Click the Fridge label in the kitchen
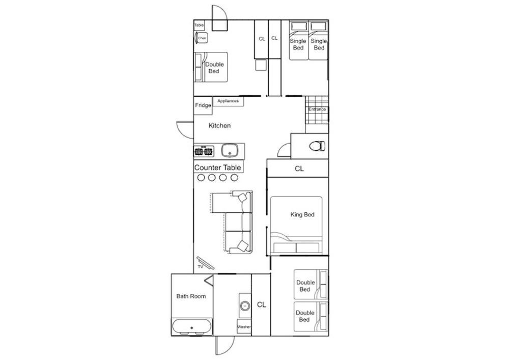click(x=203, y=105)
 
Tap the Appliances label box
click(x=228, y=101)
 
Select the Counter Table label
click(x=218, y=168)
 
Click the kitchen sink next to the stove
click(x=230, y=151)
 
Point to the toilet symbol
click(x=317, y=146)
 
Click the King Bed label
click(x=302, y=215)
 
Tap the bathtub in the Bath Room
click(x=191, y=326)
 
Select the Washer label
click(x=244, y=327)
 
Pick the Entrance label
click(x=317, y=109)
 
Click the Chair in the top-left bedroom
click(x=202, y=38)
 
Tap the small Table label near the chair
click(x=199, y=25)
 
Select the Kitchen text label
click(x=219, y=125)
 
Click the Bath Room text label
click(x=191, y=296)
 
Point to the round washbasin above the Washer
click(x=245, y=306)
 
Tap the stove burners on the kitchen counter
click(x=204, y=151)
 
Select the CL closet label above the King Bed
click(x=299, y=169)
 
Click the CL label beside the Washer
click(x=262, y=304)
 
